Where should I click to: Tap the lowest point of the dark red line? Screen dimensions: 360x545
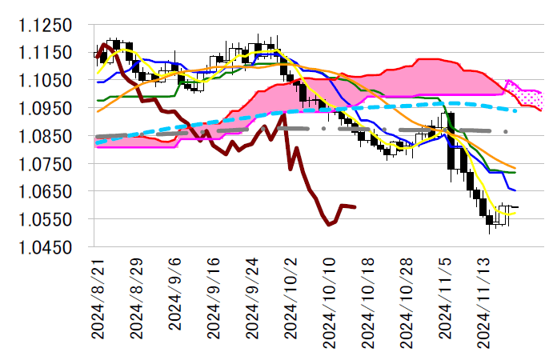click(x=329, y=225)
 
